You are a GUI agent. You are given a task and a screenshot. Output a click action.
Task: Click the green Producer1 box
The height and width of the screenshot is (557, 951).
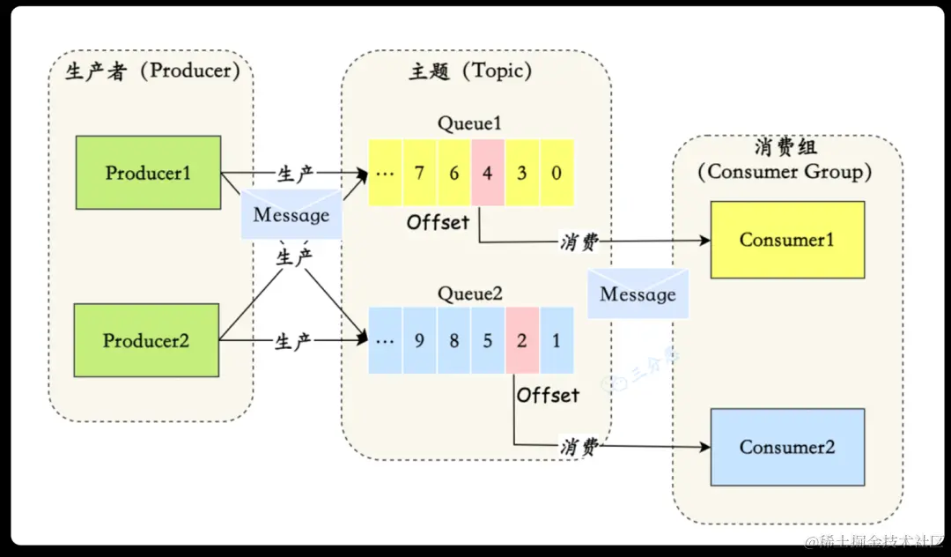[x=148, y=173]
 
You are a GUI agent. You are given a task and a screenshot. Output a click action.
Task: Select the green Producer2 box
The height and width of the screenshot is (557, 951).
[x=146, y=340]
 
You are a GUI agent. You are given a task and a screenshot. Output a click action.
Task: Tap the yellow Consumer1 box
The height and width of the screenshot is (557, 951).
[x=787, y=240]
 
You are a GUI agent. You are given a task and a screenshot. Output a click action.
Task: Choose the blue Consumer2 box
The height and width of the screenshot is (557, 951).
[x=787, y=447]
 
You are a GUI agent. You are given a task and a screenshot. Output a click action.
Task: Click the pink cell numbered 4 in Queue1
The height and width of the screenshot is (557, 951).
[x=488, y=173]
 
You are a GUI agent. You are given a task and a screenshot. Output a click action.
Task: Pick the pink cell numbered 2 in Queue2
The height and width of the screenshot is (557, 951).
[x=522, y=340]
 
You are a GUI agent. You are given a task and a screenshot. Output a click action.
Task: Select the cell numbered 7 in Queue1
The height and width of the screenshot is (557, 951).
[x=419, y=173]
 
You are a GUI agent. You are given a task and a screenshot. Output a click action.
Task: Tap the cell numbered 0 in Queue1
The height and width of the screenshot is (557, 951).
[x=557, y=173]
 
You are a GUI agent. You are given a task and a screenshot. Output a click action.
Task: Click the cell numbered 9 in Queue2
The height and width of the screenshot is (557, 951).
[x=419, y=340]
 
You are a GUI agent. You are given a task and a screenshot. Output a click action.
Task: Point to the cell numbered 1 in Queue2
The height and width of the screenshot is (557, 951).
[x=557, y=340]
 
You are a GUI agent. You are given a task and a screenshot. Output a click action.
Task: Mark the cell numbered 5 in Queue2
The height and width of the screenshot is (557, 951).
[x=488, y=340]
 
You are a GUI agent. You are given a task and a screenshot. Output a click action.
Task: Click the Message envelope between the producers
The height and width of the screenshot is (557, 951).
[x=291, y=213]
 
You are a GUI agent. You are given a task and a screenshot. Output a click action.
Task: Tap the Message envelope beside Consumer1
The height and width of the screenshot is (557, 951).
[x=638, y=293]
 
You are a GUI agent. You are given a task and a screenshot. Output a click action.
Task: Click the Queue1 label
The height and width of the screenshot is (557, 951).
[x=470, y=123]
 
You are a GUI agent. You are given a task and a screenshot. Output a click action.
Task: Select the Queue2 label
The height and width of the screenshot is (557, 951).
[x=470, y=293]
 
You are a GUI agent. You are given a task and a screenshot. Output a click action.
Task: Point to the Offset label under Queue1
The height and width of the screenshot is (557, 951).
[x=438, y=222]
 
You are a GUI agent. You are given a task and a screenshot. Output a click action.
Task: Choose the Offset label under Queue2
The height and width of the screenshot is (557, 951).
[x=548, y=395]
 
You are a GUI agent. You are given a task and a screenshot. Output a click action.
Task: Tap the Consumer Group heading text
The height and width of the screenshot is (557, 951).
[x=785, y=172]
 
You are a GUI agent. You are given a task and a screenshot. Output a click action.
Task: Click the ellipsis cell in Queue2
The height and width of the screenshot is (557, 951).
[x=385, y=340]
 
